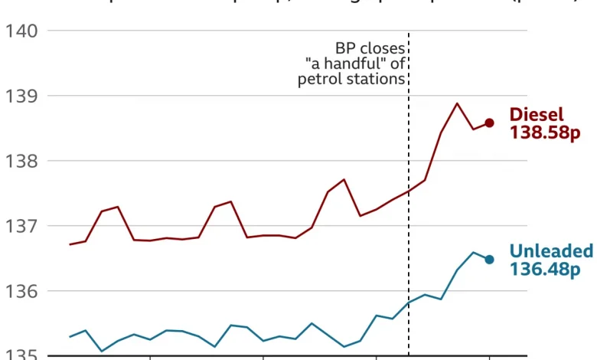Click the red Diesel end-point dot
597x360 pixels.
[489, 123]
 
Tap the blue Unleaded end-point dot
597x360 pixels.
[489, 260]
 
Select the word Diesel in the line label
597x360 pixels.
[537, 115]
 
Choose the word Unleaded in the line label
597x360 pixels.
[551, 251]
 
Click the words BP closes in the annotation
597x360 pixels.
[370, 47]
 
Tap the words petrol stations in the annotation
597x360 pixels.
[351, 79]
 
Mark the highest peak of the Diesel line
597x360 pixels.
[457, 103]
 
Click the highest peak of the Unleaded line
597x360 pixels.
[473, 252]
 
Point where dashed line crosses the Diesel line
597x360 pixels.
[409, 191]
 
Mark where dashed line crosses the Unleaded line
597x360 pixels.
[409, 303]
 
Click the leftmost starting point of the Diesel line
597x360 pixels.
[70, 244]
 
